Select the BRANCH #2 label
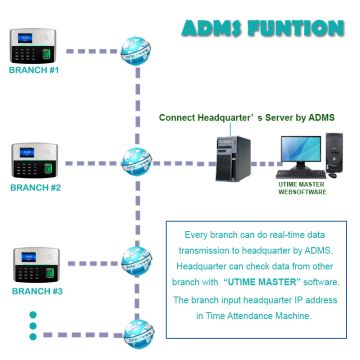[35, 187]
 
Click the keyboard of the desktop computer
[299, 173]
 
